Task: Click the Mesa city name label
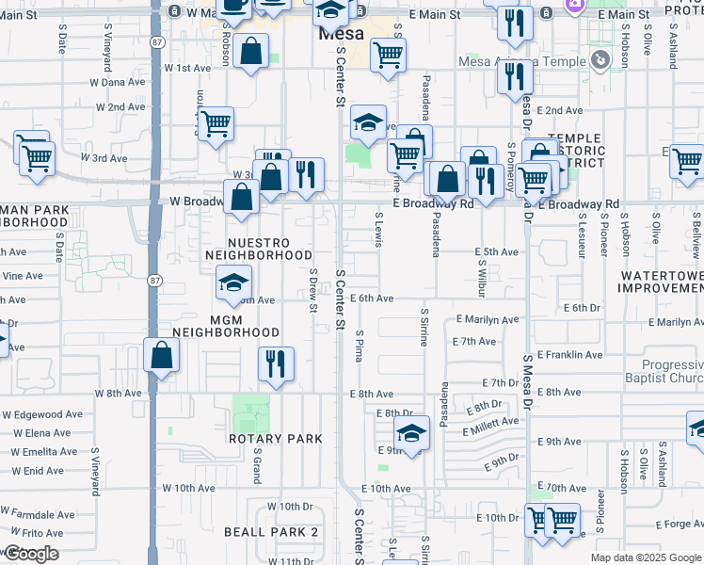(341, 34)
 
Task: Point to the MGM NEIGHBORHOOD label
(226, 325)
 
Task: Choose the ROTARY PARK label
(275, 439)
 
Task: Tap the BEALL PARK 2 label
(271, 532)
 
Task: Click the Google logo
(30, 554)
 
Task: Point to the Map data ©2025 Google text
(645, 557)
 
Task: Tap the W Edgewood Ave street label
(44, 414)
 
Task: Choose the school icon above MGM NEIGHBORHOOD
(232, 281)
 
